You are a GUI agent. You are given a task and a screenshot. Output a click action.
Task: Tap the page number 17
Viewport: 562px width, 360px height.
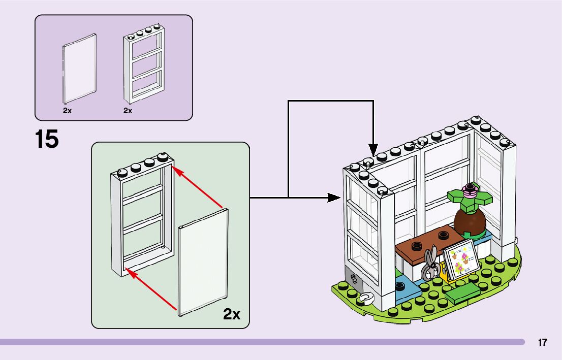(x=543, y=343)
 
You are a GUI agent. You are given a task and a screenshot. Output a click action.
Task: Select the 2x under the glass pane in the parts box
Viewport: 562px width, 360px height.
(x=67, y=110)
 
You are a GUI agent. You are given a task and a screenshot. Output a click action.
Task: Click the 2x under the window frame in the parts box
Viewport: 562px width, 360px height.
(x=128, y=110)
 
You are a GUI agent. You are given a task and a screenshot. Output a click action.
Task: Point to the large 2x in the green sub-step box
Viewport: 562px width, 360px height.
(x=231, y=314)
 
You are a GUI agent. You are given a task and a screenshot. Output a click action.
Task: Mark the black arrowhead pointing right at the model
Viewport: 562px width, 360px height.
(x=334, y=197)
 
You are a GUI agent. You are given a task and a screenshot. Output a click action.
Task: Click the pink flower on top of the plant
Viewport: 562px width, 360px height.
(x=471, y=192)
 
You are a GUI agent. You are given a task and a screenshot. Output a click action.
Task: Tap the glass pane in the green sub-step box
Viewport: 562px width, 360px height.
(x=203, y=264)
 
